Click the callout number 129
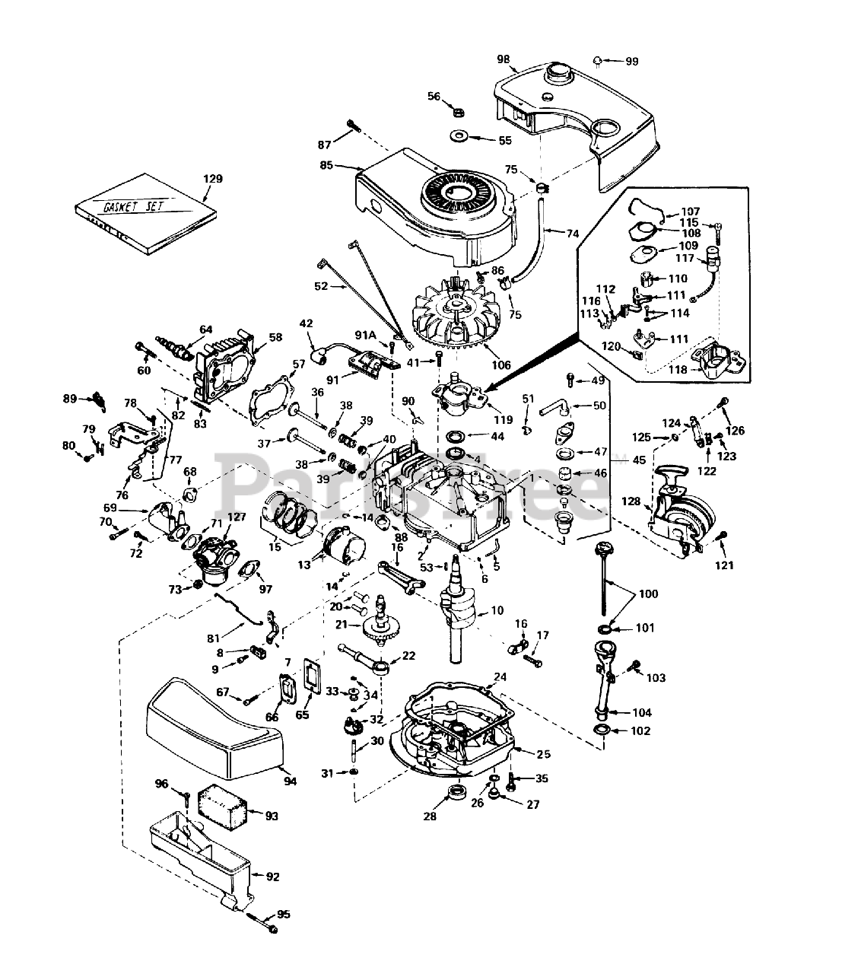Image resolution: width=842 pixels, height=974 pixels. coord(213,179)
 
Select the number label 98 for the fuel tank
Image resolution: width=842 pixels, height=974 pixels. coord(525,59)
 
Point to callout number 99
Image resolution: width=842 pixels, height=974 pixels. coord(632,62)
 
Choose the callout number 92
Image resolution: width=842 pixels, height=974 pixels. coord(273,877)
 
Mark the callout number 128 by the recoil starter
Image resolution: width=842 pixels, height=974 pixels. coord(631,501)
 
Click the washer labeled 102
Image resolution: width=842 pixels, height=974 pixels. coord(602,731)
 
